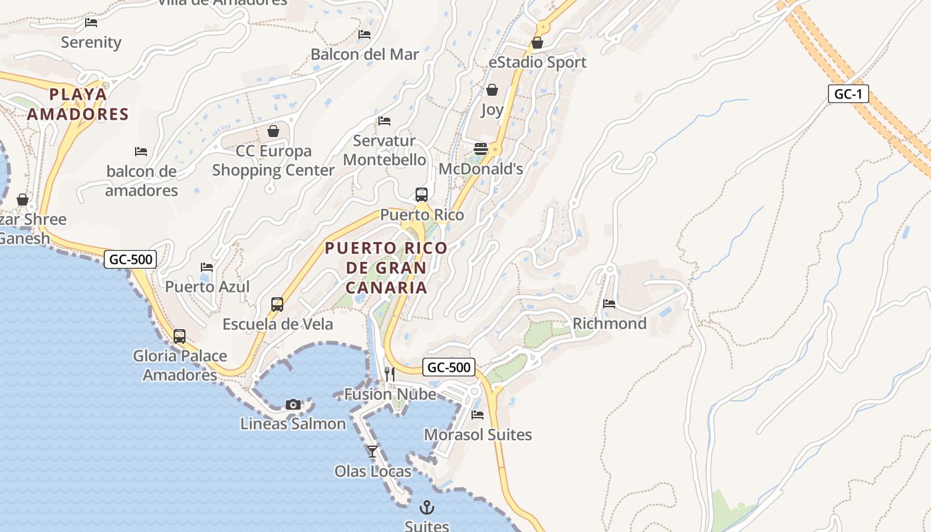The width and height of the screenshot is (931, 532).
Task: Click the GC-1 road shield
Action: click(849, 94)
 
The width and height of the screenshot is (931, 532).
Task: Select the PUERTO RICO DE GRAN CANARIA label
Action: click(386, 268)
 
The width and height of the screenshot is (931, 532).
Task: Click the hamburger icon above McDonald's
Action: click(481, 148)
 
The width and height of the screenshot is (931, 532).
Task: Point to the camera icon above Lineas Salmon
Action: click(293, 404)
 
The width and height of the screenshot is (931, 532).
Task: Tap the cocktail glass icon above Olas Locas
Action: click(372, 452)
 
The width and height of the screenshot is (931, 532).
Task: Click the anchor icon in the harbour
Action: click(427, 508)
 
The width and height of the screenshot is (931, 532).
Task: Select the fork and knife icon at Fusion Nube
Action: click(390, 374)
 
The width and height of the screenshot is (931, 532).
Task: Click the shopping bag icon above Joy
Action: click(492, 90)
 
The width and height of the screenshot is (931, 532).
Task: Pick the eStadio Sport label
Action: click(537, 63)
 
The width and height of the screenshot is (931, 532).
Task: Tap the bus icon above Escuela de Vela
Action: click(277, 305)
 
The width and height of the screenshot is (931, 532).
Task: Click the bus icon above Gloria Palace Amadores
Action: click(180, 336)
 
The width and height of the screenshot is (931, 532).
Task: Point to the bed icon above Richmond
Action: click(609, 304)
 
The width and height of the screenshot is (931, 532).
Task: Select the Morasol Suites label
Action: click(477, 435)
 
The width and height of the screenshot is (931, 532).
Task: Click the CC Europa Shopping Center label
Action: click(273, 160)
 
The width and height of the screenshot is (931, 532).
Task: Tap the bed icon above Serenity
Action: click(91, 23)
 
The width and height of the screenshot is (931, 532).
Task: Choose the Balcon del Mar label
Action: click(364, 55)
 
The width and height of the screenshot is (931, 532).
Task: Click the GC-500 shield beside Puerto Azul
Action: click(130, 259)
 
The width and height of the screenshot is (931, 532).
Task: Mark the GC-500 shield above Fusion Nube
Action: click(449, 367)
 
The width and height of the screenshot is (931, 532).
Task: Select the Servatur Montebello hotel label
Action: click(384, 150)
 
